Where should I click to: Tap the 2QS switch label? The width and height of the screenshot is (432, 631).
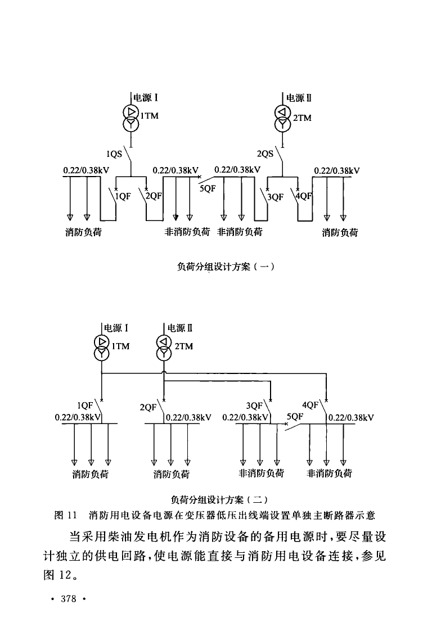265,153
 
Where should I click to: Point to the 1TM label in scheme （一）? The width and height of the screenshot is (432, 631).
149,116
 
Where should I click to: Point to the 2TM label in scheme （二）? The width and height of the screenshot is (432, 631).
183,346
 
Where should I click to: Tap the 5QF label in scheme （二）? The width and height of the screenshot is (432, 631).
295,417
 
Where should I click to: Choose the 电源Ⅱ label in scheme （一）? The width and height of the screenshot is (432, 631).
299,98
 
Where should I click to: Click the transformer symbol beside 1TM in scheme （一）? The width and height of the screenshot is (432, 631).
130,116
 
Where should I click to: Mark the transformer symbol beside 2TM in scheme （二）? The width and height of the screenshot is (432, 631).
163,347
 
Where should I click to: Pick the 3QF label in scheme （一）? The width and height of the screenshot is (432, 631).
275,197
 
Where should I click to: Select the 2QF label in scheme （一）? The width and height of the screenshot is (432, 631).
153,196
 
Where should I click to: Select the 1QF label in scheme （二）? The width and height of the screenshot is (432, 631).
85,404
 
